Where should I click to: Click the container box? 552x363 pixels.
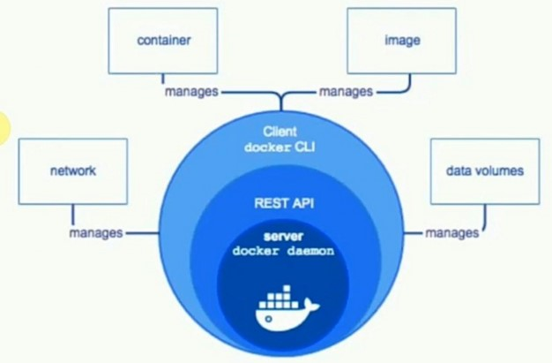[164, 42]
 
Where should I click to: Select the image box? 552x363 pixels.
[402, 42]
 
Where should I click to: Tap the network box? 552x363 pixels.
[72, 170]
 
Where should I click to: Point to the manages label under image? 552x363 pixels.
[346, 91]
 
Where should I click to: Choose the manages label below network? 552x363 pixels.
[96, 233]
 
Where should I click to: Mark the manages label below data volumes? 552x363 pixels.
[452, 233]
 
